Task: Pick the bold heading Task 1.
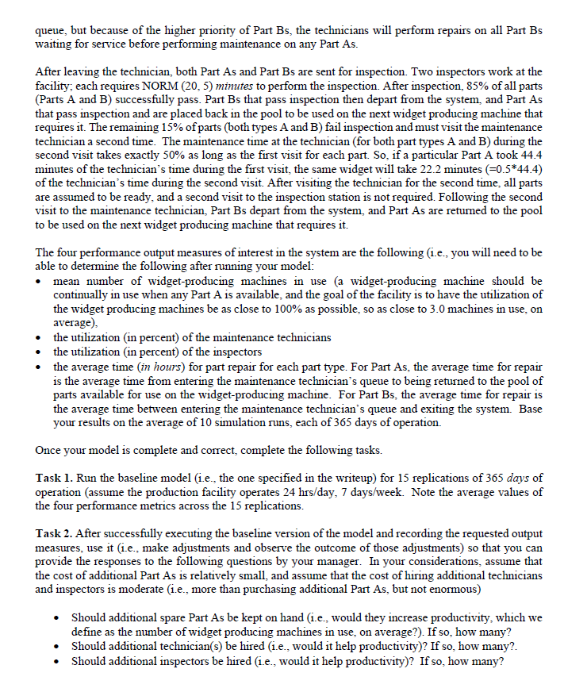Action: click(53, 477)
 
